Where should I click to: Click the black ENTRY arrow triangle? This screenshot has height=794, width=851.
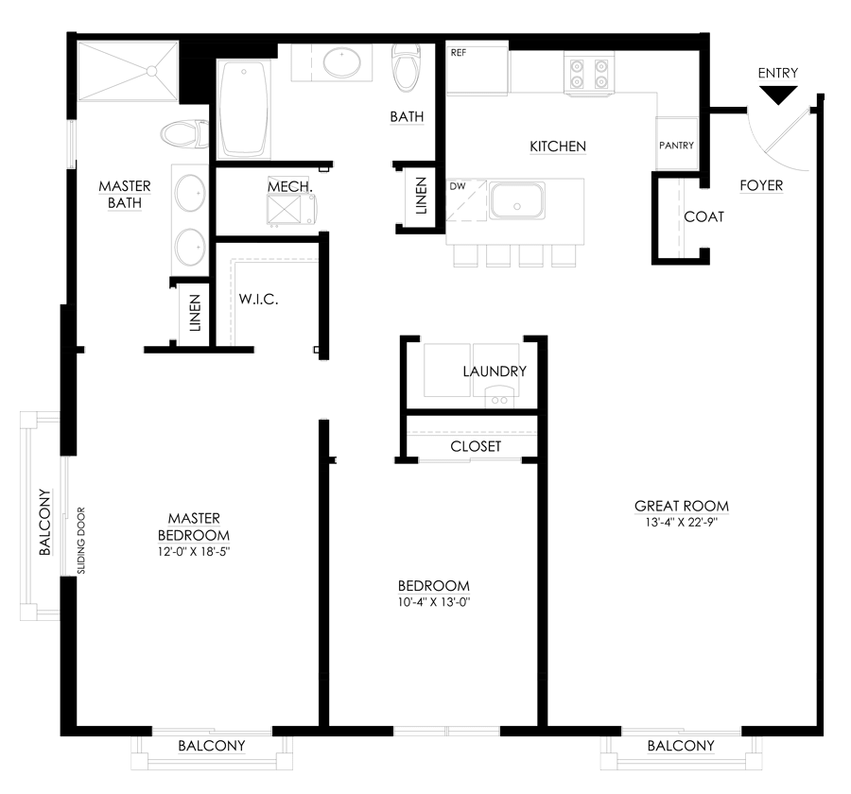(778, 95)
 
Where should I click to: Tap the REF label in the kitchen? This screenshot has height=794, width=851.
(458, 53)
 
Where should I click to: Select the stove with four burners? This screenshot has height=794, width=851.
(589, 74)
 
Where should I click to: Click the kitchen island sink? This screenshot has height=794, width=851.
(516, 200)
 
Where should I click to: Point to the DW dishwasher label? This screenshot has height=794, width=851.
(458, 186)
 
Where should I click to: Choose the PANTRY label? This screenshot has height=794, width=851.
(676, 146)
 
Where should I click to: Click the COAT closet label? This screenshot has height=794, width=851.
(703, 217)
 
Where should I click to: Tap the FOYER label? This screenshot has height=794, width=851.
(761, 185)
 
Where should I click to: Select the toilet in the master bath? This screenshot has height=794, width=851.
(184, 134)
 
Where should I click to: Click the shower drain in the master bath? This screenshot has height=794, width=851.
(151, 71)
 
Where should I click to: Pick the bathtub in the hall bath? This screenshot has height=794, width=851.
(244, 109)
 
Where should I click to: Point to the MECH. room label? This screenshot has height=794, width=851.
(290, 187)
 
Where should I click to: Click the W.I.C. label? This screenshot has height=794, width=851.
(258, 299)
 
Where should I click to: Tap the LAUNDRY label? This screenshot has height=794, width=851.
(495, 371)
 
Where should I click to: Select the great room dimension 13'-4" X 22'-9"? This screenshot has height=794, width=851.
(682, 523)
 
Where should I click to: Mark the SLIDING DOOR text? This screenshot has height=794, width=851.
(81, 541)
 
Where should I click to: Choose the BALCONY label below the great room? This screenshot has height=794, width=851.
(681, 746)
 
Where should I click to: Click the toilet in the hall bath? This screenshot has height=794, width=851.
(407, 67)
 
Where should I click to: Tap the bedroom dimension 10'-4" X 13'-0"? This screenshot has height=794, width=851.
(434, 602)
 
